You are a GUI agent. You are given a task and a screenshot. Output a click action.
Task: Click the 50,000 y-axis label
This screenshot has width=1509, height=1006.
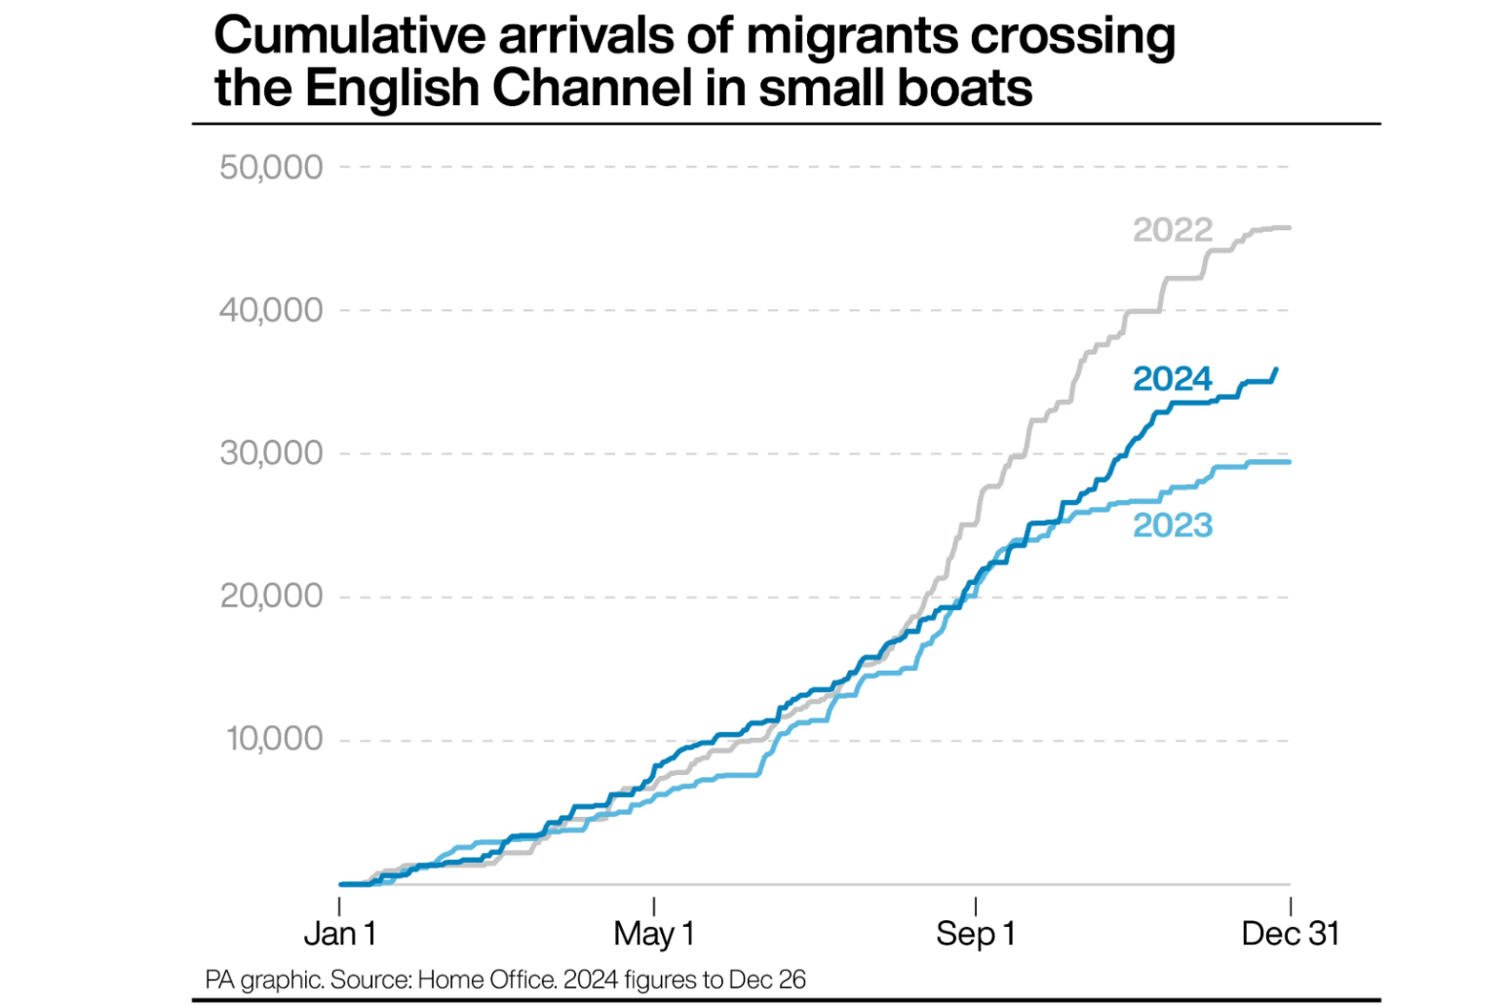point(270,168)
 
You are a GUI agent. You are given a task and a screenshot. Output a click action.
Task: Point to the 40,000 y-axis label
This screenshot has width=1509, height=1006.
point(270,311)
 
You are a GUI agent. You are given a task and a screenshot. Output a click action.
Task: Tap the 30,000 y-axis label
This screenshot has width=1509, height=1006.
point(270,453)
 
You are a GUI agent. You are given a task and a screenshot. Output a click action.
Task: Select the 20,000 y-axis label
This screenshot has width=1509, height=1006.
point(270,596)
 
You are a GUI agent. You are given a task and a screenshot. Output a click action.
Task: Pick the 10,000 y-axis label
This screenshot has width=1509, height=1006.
point(274,739)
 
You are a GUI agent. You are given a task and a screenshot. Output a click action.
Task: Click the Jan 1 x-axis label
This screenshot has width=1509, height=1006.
point(339,934)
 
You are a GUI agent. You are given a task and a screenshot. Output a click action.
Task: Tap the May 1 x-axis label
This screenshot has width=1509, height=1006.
point(653,934)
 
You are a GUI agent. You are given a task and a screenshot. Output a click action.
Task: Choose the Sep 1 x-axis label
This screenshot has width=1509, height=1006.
point(975,934)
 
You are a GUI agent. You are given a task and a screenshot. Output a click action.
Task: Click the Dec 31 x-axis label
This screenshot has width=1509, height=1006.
point(1290,934)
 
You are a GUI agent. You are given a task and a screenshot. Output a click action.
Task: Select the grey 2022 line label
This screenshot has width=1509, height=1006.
point(1172,230)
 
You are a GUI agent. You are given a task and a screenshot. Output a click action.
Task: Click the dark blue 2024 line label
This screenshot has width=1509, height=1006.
point(1172,378)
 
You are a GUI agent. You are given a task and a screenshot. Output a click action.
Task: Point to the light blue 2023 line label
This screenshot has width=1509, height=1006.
point(1173,525)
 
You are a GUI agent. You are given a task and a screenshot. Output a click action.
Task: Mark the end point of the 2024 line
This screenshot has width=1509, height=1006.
point(1277,368)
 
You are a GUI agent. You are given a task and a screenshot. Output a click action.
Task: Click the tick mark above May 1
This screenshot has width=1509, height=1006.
point(653,907)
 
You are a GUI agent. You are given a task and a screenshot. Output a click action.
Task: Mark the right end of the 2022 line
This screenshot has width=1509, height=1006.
point(1290,228)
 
